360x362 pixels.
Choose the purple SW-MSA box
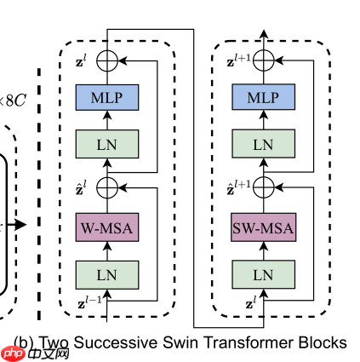pyautogui.click(x=263, y=228)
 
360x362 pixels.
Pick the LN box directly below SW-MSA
pyautogui.click(x=263, y=273)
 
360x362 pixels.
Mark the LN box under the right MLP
pyautogui.click(x=263, y=143)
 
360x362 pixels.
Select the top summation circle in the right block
pyautogui.click(x=263, y=60)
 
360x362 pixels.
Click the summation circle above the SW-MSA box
pyautogui.click(x=263, y=186)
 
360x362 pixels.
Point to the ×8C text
pyautogui.click(x=14, y=101)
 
